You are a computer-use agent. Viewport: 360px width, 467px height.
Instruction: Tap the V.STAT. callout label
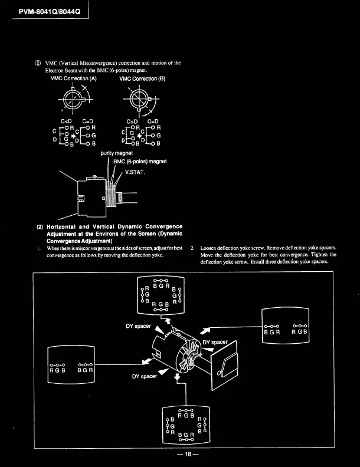coord(136,173)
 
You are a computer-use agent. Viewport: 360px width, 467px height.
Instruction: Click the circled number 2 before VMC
coord(38,63)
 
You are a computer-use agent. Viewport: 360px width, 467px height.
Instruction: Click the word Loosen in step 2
coord(210,248)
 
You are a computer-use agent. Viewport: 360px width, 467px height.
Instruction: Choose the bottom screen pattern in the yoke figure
coord(186,425)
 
